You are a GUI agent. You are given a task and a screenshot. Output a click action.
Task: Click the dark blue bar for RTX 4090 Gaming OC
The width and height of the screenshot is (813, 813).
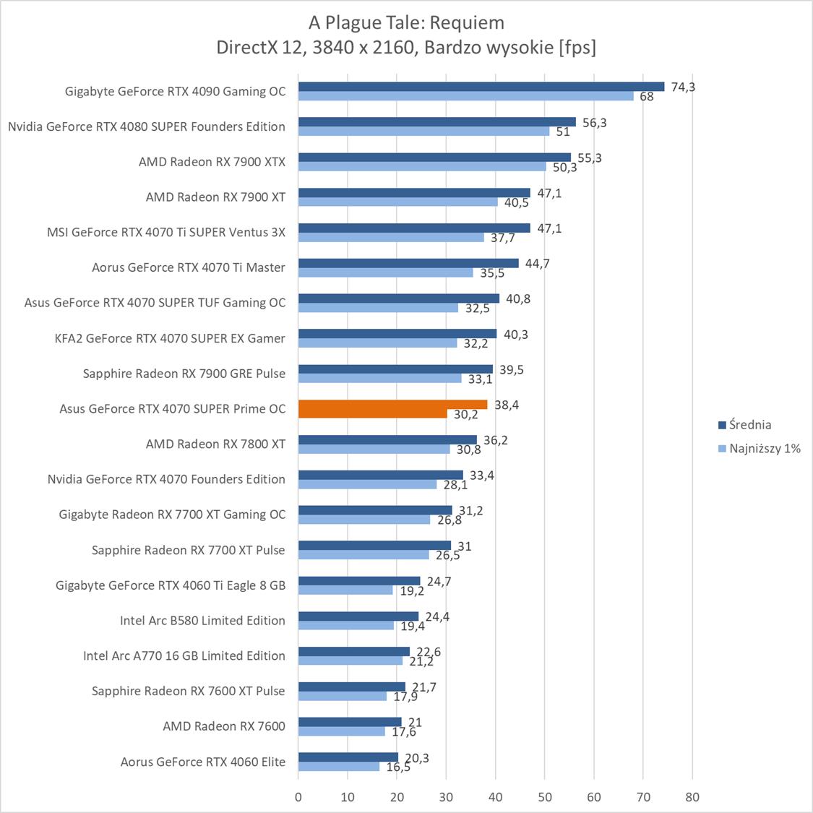[x=481, y=87]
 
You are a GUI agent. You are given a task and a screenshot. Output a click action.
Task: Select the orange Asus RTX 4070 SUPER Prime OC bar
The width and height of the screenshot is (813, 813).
[x=392, y=409]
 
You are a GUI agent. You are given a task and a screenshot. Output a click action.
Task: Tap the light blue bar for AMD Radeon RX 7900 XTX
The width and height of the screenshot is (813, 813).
[x=422, y=167]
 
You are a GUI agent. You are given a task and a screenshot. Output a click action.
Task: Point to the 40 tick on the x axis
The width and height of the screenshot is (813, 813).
[x=495, y=797]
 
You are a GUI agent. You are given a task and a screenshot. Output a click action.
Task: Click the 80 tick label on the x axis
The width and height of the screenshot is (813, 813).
[x=692, y=797]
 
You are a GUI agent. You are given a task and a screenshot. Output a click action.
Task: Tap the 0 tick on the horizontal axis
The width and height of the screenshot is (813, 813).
[x=298, y=797]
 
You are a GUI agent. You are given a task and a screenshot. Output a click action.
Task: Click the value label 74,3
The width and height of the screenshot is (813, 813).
[x=683, y=87]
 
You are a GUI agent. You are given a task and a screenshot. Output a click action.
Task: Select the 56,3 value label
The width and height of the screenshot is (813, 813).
[x=594, y=122]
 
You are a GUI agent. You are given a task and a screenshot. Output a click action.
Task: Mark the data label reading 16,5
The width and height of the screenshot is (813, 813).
[x=398, y=767]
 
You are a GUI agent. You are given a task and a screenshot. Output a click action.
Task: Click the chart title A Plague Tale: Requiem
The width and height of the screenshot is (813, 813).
[x=406, y=22]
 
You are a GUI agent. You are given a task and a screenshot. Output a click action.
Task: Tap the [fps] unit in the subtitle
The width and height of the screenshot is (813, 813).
[x=577, y=48]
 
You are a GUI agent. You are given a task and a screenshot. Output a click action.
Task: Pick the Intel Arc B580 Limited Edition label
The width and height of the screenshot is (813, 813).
[x=202, y=620]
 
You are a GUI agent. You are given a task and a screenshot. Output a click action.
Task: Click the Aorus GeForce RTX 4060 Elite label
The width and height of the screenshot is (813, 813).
[x=202, y=762]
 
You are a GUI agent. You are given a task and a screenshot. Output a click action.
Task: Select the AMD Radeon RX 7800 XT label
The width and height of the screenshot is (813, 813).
[x=215, y=444]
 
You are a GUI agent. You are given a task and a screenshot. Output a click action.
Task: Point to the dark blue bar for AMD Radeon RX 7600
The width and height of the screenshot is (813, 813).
[x=350, y=722]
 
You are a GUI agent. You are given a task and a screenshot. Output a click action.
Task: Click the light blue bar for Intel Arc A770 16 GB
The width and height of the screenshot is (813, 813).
[x=350, y=661]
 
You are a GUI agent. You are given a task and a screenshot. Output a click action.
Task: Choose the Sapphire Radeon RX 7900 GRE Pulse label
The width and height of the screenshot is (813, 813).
[x=184, y=374]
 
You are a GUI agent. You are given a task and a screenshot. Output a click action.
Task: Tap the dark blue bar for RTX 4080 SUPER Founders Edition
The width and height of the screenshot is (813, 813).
[x=436, y=122]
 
